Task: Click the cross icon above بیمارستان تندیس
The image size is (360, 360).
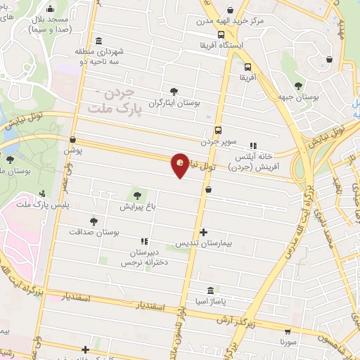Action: tap(204, 232)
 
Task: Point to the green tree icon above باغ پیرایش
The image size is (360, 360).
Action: tap(136, 195)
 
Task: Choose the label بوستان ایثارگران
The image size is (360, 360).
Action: tap(174, 103)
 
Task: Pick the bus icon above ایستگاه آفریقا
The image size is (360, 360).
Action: tap(221, 34)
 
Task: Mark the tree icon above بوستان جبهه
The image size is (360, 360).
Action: tap(299, 85)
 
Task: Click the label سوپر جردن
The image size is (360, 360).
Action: tap(217, 141)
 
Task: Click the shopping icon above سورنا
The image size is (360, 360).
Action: tap(288, 331)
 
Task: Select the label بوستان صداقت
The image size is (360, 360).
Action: tap(96, 231)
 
